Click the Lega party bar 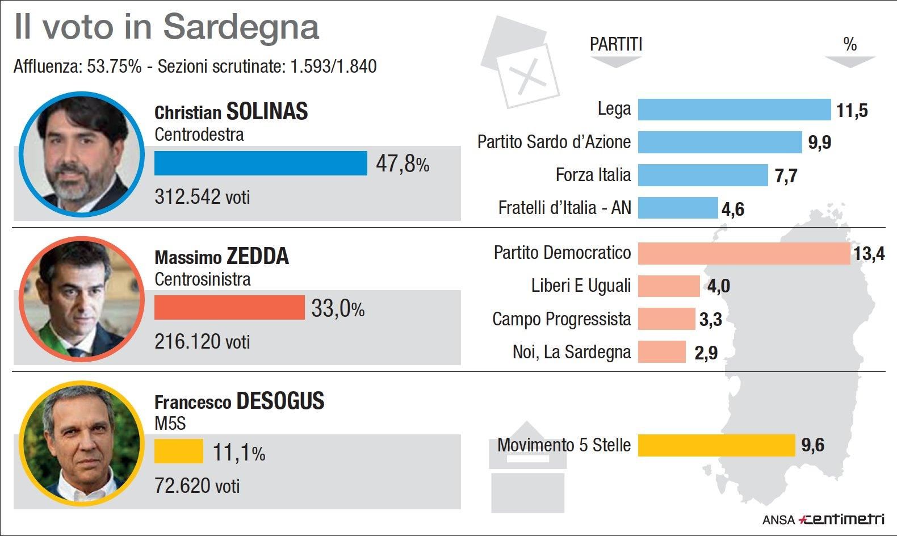tap(734, 110)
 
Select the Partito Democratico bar tap(744, 253)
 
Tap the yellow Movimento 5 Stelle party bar tap(716, 445)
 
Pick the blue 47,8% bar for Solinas tap(261, 164)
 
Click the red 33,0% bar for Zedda tap(229, 308)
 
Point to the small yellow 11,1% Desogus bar tap(178, 451)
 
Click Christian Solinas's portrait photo tap(81, 154)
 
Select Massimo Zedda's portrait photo tap(81, 299)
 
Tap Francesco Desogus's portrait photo tap(81, 443)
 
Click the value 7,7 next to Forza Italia tap(786, 176)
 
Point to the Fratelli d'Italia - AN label tap(564, 208)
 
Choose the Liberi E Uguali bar tap(669, 286)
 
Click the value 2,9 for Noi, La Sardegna tap(706, 353)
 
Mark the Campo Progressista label tap(561, 319)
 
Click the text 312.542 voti tap(202, 197)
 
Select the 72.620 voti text tap(197, 486)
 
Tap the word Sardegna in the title tap(241, 27)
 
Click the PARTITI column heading tap(615, 44)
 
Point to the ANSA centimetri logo tap(823, 519)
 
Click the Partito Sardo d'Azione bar tap(719, 143)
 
